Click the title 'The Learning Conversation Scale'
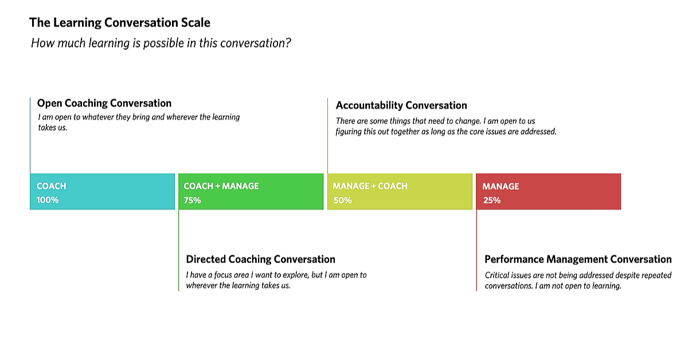[120, 23]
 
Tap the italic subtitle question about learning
[161, 43]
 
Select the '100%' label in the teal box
[47, 200]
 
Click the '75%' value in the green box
[192, 200]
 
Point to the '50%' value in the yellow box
[342, 200]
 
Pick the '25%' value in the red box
[492, 200]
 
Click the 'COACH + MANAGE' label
[221, 186]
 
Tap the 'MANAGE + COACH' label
[370, 186]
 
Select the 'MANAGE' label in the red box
[501, 186]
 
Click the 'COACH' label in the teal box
[51, 186]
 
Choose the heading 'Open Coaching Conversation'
[104, 103]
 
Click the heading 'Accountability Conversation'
[401, 105]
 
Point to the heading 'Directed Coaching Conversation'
[260, 259]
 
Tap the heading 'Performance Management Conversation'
[578, 259]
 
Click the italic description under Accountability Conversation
[446, 126]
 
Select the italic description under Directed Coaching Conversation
[276, 280]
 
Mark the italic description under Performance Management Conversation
[578, 280]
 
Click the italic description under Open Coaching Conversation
[139, 122]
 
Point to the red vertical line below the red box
[476, 251]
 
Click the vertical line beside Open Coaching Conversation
[30, 135]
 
